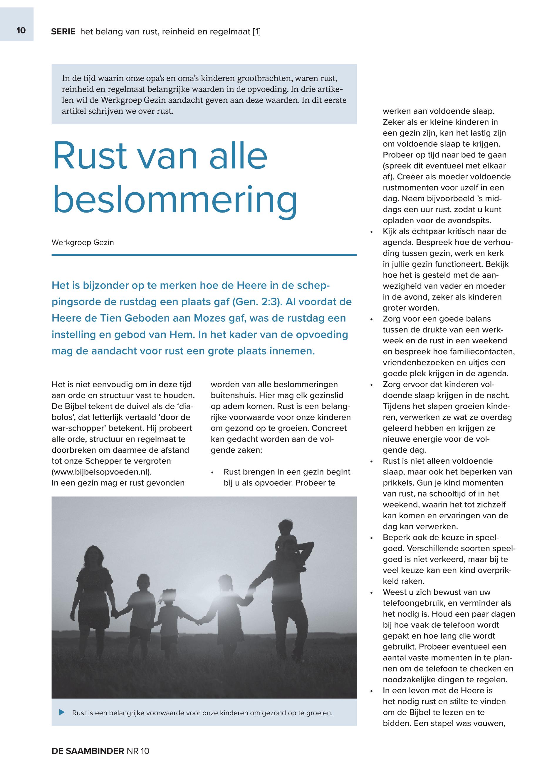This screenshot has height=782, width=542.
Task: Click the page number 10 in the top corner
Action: (21, 31)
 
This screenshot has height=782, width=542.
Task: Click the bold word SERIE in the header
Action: (63, 32)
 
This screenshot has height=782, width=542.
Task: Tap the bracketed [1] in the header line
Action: (256, 32)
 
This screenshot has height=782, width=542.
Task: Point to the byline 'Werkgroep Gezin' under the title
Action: (83, 243)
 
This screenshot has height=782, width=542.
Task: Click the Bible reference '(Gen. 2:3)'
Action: (255, 302)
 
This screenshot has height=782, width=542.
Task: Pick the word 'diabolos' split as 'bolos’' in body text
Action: (65, 417)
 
